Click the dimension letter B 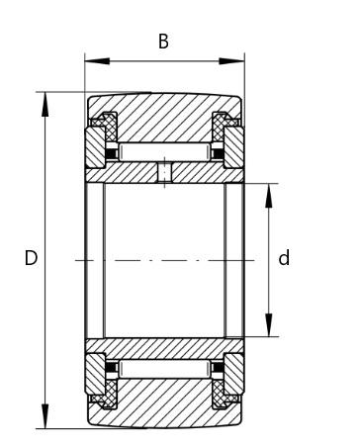click(x=163, y=42)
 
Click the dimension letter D click(x=31, y=258)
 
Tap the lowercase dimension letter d click(x=284, y=258)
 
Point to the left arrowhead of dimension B click(x=97, y=61)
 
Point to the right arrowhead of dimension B click(x=231, y=61)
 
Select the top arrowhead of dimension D click(x=45, y=105)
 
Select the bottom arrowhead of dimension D click(x=45, y=416)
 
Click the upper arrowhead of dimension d click(x=269, y=196)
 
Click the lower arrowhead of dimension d click(x=269, y=324)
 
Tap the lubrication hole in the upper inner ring click(x=164, y=172)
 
